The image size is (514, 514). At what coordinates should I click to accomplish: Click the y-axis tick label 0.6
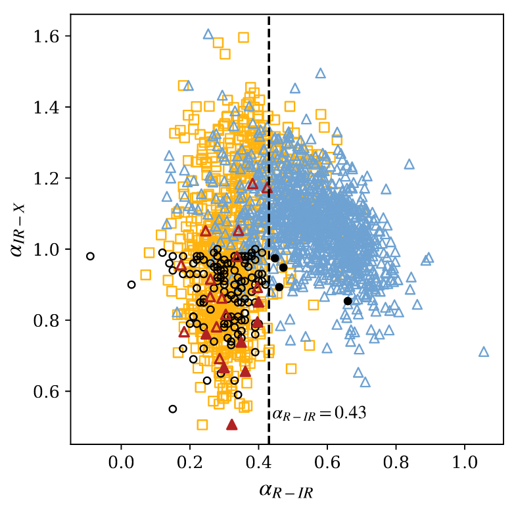coord(50,392)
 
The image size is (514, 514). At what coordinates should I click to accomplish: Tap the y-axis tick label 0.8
coord(50,321)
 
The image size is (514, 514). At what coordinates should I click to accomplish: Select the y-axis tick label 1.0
coord(50,250)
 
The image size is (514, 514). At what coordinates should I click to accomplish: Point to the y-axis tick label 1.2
coord(50,178)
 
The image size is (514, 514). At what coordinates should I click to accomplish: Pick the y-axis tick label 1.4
coord(50,107)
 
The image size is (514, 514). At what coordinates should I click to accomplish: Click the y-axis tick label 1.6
coord(50,35)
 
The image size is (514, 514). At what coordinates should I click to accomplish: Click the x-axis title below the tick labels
coord(287,490)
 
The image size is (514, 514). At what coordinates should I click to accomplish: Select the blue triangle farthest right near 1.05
coord(484,352)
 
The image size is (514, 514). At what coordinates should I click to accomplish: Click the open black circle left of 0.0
coord(90,256)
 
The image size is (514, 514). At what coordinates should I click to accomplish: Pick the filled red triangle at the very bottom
coord(231,425)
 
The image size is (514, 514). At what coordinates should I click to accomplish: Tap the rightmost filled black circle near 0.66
coord(348,301)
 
